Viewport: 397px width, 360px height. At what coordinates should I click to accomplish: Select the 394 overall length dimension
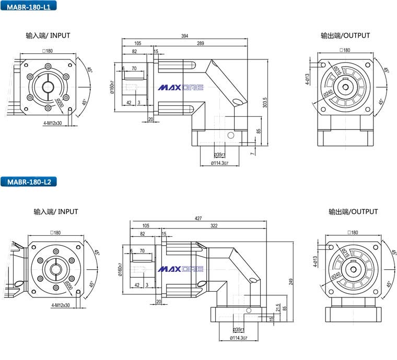tap(184, 36)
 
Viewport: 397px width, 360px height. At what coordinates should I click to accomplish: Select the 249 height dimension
tap(290, 282)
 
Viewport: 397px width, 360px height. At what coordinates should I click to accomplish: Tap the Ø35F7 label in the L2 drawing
tap(240, 330)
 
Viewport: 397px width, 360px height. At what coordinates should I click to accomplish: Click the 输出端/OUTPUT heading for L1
tap(345, 35)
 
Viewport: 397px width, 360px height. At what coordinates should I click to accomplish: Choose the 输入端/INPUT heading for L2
tap(55, 211)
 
